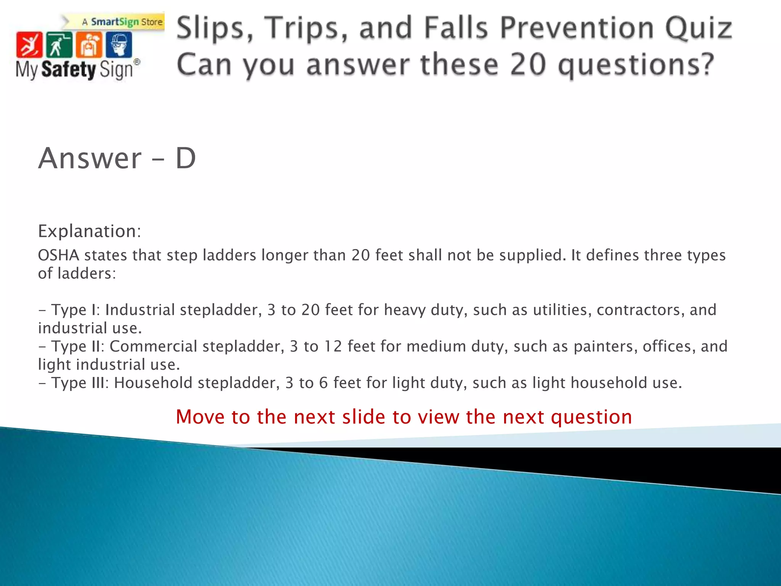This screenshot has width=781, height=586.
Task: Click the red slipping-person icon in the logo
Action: [x=29, y=45]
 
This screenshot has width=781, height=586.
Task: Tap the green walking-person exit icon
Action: [x=59, y=45]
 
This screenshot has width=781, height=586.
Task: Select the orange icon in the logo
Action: [x=89, y=45]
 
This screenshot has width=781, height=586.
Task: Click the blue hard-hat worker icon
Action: [x=119, y=45]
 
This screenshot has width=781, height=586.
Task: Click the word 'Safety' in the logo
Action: [x=69, y=70]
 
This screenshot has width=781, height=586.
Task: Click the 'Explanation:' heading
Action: [x=90, y=231]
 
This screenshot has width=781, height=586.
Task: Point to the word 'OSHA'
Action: [x=58, y=255]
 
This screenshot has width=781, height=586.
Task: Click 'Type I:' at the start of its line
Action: [x=76, y=310]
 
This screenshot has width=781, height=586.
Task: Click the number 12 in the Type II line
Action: [x=333, y=346]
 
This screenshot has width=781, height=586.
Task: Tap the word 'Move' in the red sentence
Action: [x=200, y=417]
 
